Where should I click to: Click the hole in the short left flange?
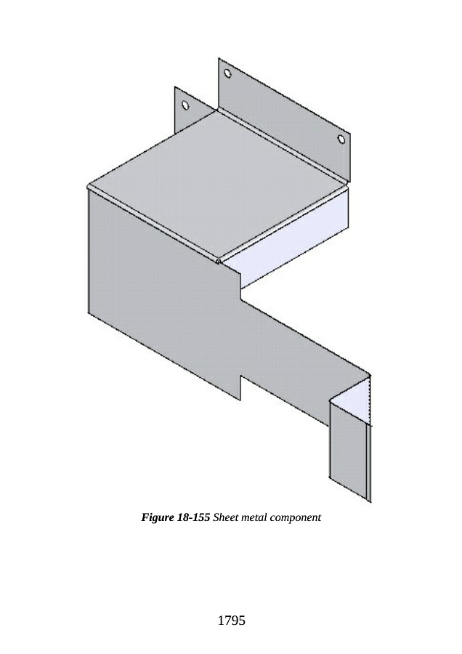pos(185,105)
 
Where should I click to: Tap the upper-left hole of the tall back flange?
pos(227,73)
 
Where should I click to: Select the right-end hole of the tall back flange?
pos(341,140)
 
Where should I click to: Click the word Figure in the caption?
pos(157,518)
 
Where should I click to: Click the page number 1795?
pos(231,621)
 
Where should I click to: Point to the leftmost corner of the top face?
pos(88,186)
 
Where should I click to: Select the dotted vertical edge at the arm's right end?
pos(370,400)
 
